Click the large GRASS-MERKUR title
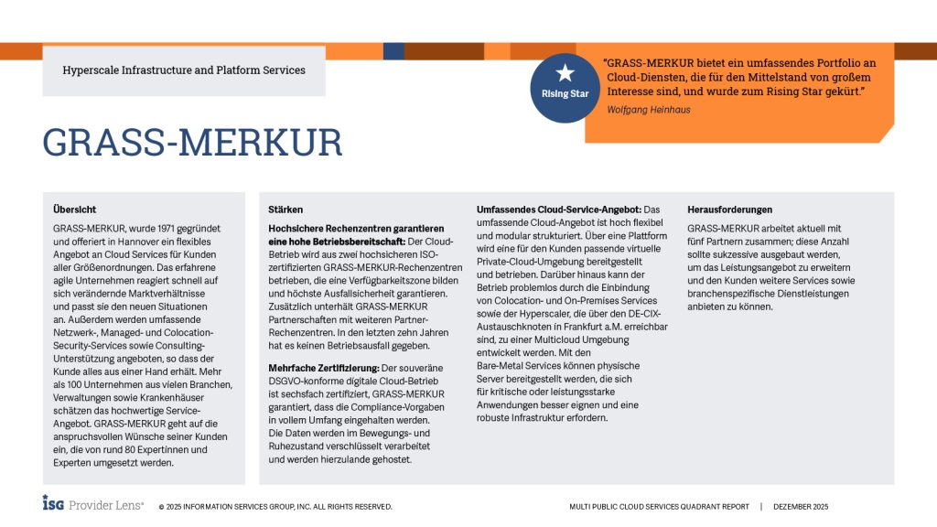coord(192,142)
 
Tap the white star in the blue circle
coord(565,72)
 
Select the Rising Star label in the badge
coord(565,93)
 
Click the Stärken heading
coord(286,210)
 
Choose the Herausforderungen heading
coord(729,210)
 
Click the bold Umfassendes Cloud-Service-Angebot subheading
coord(560,210)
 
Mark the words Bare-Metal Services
coord(519,366)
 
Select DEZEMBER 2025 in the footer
coord(800,506)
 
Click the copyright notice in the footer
coord(275,506)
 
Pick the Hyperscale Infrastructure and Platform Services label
coord(184,70)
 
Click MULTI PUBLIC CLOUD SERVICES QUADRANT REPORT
coord(659,506)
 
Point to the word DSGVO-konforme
coord(305,380)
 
